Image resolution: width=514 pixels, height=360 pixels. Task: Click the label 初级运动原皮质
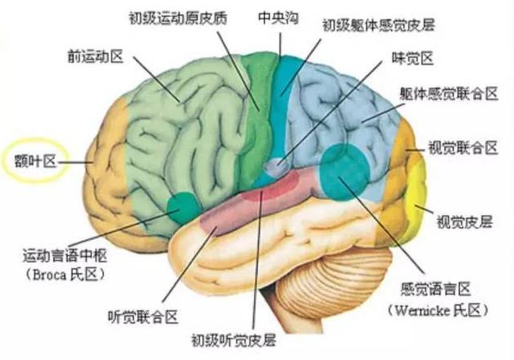(x=178, y=18)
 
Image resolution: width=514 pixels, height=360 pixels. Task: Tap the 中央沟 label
(x=279, y=17)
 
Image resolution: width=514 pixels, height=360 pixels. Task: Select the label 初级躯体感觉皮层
(x=379, y=25)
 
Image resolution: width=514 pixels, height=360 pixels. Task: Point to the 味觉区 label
(x=413, y=57)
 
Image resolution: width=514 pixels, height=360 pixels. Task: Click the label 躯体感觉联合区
(x=449, y=93)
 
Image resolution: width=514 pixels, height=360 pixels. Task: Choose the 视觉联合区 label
(x=463, y=148)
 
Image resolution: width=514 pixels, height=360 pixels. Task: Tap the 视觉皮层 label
(x=465, y=222)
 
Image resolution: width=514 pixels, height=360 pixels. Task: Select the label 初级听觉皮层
(x=234, y=340)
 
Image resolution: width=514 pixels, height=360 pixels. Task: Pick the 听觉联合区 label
(x=143, y=317)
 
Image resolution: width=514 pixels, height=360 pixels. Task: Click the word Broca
(x=49, y=275)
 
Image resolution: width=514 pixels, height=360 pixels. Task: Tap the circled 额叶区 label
(x=35, y=162)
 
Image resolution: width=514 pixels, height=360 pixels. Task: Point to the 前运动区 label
(x=95, y=57)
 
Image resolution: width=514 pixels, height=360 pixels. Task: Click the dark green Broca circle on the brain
(x=184, y=208)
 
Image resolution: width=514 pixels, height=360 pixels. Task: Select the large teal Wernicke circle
(x=344, y=172)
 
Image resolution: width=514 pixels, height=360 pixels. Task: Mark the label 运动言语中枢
(x=65, y=255)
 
